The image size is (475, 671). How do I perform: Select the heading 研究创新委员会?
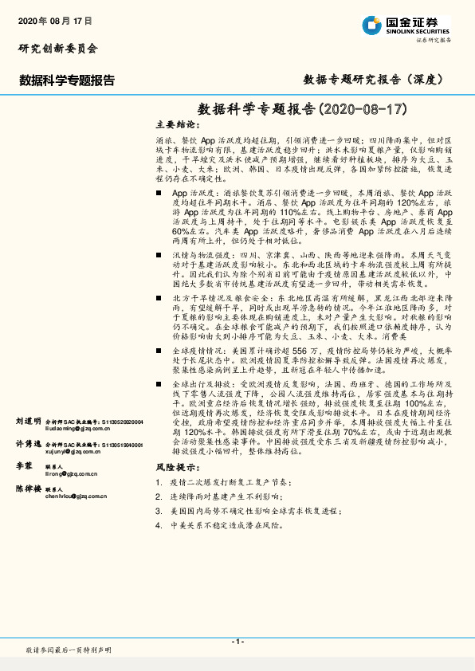pos(58,49)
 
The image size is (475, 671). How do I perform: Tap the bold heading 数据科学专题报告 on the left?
pos(67,80)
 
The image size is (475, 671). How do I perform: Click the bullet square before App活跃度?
pos(159,194)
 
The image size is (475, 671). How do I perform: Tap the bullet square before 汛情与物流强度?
pos(159,253)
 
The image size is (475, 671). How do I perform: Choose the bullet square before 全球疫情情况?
pos(159,350)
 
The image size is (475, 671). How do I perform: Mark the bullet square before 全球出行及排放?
pos(159,385)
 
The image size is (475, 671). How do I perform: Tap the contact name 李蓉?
pos(24,464)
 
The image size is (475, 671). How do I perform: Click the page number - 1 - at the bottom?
pos(237,642)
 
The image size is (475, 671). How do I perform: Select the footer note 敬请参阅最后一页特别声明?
pos(69,651)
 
